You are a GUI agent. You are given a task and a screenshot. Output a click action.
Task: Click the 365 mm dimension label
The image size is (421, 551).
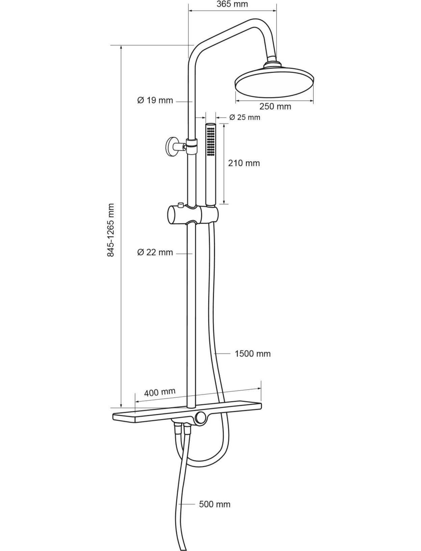tap(232, 4)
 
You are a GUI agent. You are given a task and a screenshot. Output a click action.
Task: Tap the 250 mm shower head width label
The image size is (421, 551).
tap(275, 106)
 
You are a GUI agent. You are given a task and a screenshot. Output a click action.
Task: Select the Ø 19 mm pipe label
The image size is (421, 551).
tap(155, 100)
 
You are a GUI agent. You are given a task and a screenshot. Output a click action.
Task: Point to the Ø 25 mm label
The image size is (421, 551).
tap(245, 117)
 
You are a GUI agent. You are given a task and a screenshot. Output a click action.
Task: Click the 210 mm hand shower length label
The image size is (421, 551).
tap(244, 163)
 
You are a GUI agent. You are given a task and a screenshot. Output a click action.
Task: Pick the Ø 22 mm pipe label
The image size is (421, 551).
tap(155, 252)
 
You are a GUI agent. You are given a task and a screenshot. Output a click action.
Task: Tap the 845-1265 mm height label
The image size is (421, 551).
tap(111, 230)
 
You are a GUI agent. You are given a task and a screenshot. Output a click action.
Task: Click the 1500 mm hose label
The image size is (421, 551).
tap(253, 354)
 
